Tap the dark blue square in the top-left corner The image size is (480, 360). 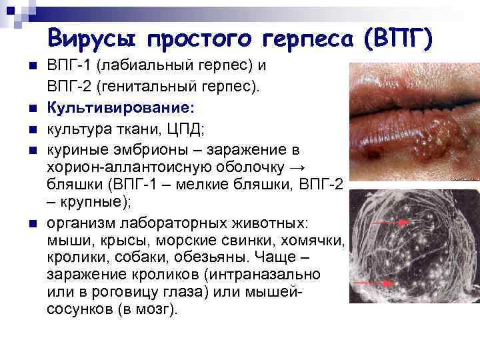click(9, 9)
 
